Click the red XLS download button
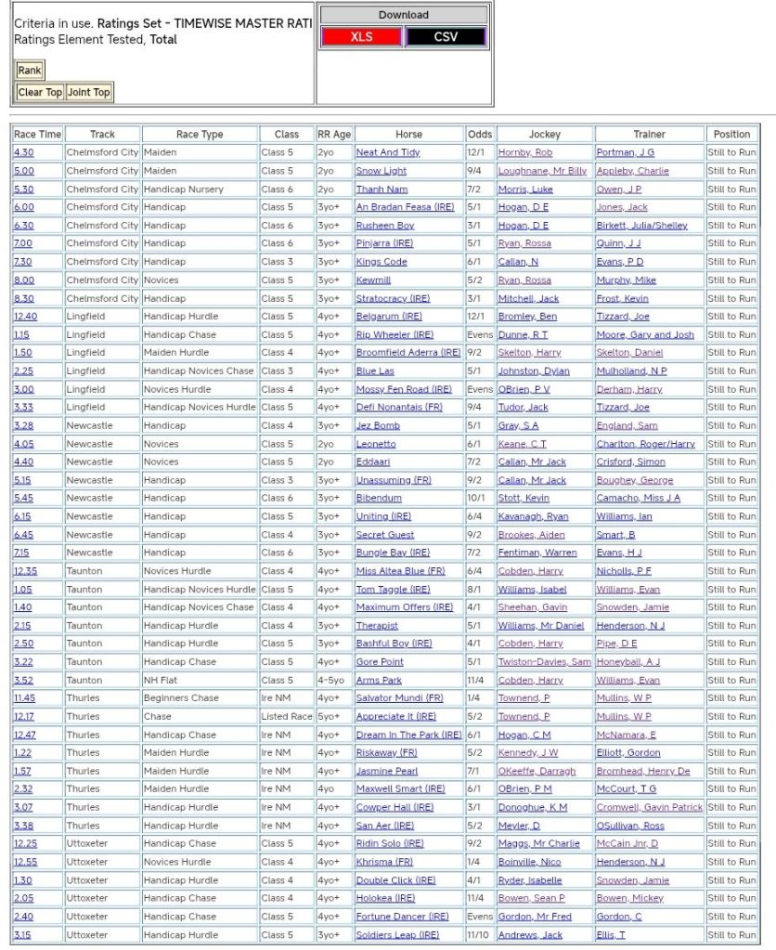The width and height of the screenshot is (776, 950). (361, 37)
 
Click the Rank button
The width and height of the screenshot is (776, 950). (30, 71)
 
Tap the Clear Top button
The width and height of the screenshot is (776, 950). (40, 92)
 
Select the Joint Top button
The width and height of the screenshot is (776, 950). (89, 92)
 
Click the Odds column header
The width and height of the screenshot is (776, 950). (479, 135)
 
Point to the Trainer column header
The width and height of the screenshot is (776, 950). (649, 135)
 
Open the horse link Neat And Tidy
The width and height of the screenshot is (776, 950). (388, 152)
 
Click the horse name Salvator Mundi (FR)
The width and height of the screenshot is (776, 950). (399, 698)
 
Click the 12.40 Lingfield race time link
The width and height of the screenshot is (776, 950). (25, 317)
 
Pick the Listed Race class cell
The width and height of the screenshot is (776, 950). (286, 717)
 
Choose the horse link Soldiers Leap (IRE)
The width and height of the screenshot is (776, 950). (397, 935)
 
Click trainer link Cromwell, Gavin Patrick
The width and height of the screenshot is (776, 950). (649, 808)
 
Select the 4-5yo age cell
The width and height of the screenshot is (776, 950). (331, 681)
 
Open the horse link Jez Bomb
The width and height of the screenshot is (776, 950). (378, 426)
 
